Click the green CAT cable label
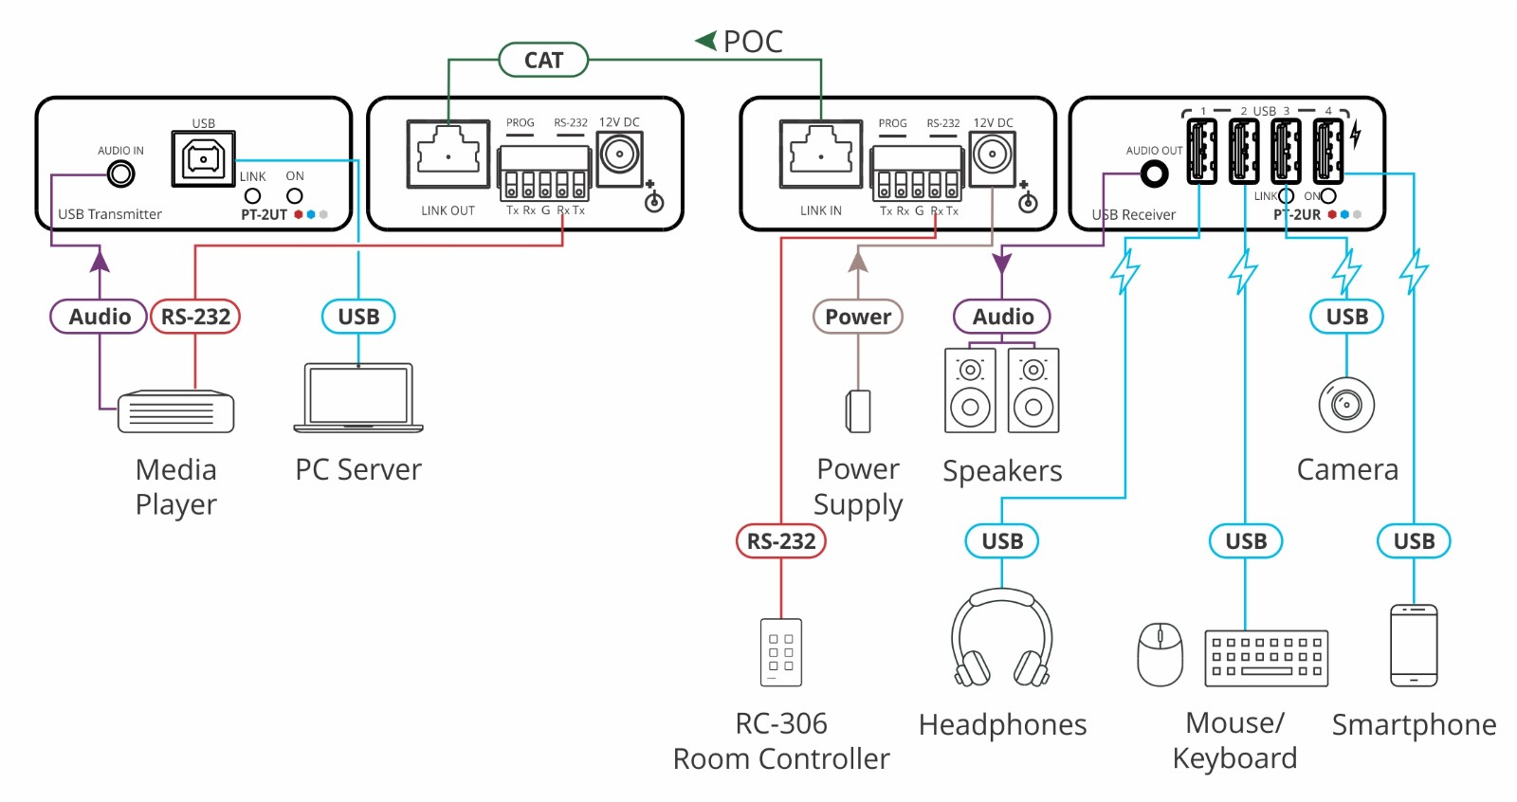(x=543, y=61)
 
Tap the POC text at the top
(x=752, y=42)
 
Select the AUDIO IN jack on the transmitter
(x=120, y=173)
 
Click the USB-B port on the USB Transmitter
(x=203, y=158)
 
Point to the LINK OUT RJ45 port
(x=448, y=154)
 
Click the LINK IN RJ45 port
(x=820, y=154)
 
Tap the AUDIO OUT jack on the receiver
(x=1154, y=173)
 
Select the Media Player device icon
(x=176, y=411)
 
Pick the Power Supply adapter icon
(x=858, y=411)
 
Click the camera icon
(x=1346, y=405)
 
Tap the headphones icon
(x=1002, y=638)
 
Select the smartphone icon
(x=1414, y=646)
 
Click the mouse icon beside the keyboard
(x=1161, y=654)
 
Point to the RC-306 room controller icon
(x=781, y=652)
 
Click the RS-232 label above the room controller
(x=781, y=541)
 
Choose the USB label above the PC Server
(x=358, y=317)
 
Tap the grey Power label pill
(x=858, y=317)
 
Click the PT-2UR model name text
(x=1296, y=215)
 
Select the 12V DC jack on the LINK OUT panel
(x=619, y=154)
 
